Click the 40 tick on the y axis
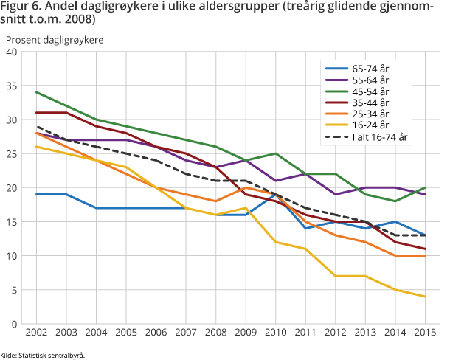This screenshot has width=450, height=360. [x=12, y=52]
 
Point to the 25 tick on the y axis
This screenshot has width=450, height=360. [x=12, y=153]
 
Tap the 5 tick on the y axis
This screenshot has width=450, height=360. [x=15, y=290]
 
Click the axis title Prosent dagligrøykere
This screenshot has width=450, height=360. [x=55, y=38]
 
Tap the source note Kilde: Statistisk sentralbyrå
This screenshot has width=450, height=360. [x=43, y=355]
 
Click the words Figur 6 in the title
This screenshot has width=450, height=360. [x=21, y=8]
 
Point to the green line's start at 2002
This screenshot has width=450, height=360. [x=35, y=92]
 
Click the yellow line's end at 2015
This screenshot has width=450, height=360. [x=424, y=297]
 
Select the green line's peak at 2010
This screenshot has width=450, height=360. [x=274, y=153]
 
